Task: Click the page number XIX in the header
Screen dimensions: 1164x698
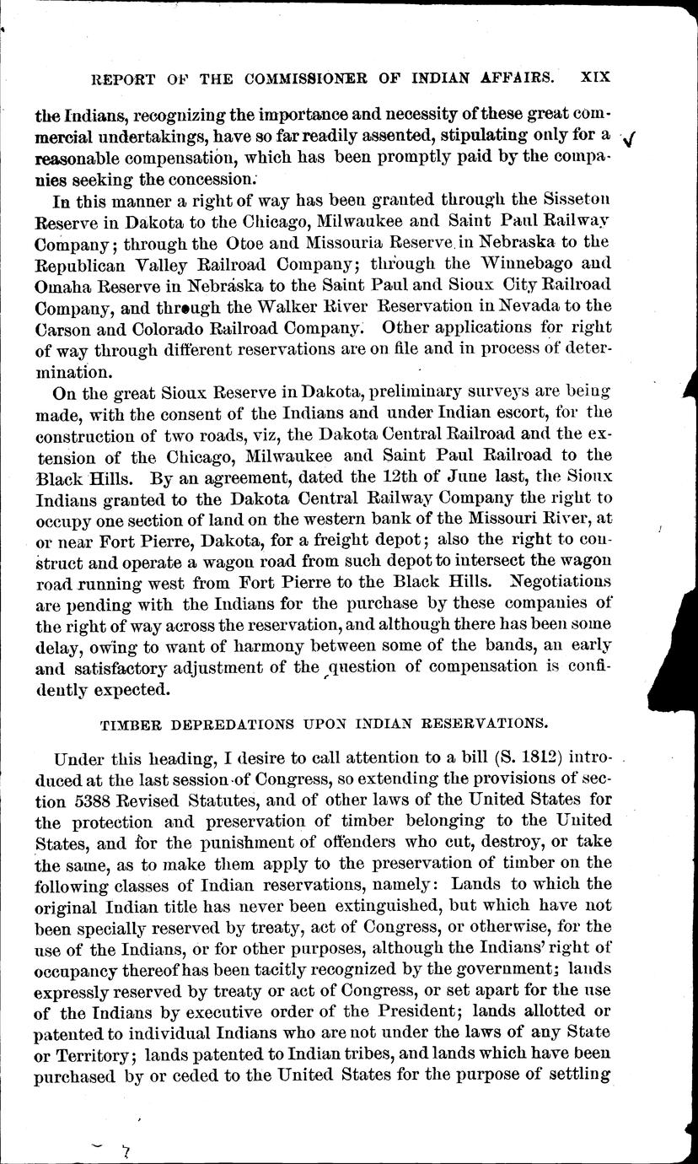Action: pos(595,77)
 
